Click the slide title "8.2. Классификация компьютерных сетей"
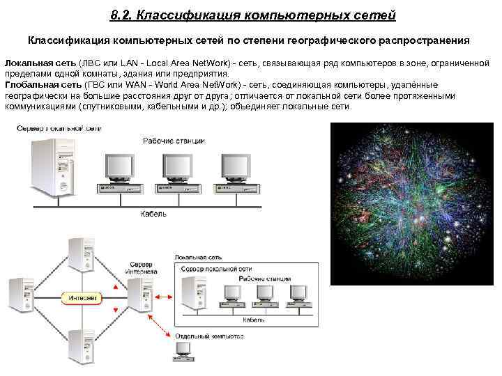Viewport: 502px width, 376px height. pos(252,15)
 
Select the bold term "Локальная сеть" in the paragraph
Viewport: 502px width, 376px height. pos(38,63)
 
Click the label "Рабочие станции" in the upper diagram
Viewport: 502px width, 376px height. pos(174,141)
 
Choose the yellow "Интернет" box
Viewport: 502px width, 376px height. pos(83,298)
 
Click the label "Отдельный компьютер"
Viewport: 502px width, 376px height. pos(209,336)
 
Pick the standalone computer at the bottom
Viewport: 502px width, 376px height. pos(179,352)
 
